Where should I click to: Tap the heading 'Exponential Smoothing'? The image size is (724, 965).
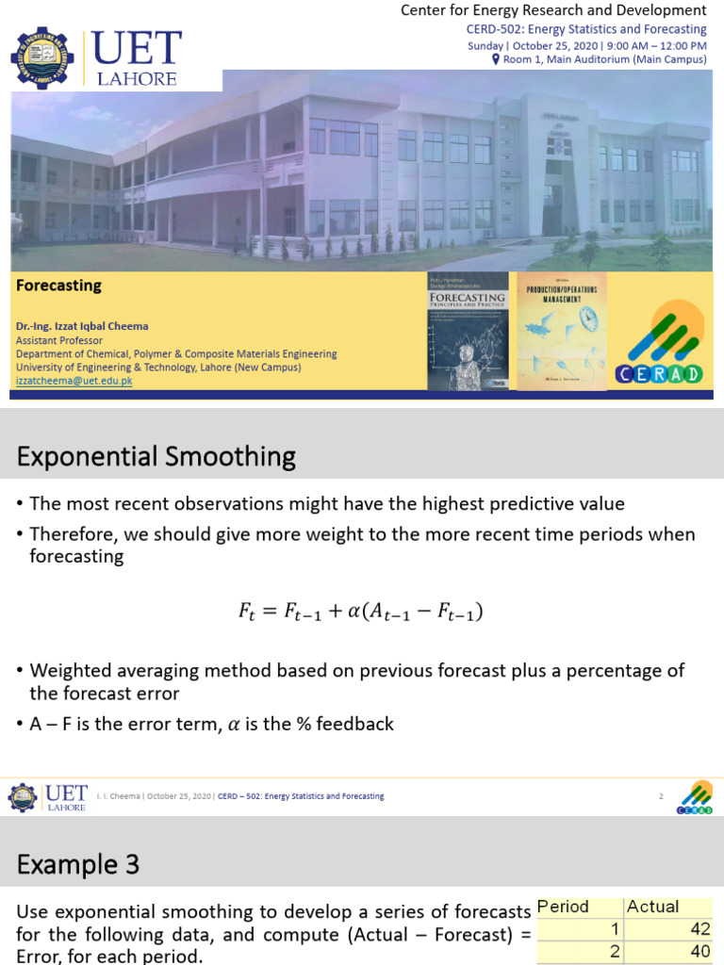click(x=156, y=457)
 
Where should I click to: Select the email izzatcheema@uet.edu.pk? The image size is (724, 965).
click(x=74, y=381)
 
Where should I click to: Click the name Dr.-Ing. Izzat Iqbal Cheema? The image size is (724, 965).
click(x=82, y=326)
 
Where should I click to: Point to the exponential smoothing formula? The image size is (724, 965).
click(x=361, y=612)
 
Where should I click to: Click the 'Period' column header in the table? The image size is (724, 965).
click(x=563, y=907)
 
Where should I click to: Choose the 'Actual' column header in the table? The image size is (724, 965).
click(x=652, y=907)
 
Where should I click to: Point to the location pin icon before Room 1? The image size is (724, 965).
click(x=496, y=59)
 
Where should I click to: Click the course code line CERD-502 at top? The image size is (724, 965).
click(x=580, y=29)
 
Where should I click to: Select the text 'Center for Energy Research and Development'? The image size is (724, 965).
click(x=553, y=10)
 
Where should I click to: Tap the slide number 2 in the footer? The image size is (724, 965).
click(x=661, y=796)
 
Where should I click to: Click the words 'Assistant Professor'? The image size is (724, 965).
click(x=59, y=340)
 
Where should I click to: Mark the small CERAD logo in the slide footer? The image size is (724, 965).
click(x=695, y=796)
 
